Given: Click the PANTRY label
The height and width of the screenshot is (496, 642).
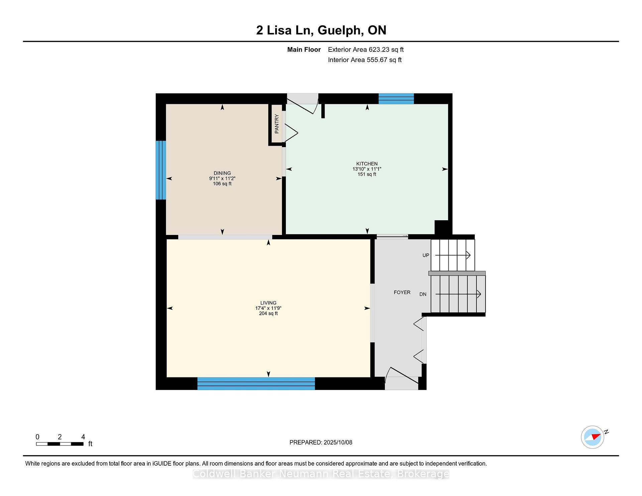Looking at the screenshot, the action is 277,124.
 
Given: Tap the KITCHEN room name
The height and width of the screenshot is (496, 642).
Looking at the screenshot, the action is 367,164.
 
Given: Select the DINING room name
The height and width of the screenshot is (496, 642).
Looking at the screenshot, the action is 222,173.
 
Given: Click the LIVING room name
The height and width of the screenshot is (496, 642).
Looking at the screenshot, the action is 268,303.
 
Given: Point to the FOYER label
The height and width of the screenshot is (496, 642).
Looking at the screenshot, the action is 402,292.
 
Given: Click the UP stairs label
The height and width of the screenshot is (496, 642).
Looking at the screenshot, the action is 426,255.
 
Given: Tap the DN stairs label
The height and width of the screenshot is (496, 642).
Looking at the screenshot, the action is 423,294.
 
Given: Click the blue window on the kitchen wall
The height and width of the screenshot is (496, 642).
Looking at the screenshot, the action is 396,99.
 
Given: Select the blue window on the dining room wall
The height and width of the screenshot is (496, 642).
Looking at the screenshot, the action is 161,170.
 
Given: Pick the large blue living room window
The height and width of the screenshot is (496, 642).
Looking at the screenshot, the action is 256,384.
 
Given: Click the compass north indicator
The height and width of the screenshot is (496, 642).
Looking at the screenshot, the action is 595,436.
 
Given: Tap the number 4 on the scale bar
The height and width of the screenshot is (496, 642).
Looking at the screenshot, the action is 83,437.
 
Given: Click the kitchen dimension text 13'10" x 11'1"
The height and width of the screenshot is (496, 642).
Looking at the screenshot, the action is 367,169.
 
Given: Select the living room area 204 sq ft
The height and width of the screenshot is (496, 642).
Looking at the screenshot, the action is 268,314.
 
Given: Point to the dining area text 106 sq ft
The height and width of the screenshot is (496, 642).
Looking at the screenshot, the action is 222,184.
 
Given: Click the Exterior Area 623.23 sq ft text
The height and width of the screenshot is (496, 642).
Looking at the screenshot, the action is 366,49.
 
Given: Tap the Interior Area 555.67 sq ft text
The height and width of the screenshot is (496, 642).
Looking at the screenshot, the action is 365,60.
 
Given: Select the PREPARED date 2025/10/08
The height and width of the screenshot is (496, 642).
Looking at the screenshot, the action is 338,443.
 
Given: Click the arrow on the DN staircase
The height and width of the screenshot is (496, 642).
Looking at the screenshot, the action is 458,294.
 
